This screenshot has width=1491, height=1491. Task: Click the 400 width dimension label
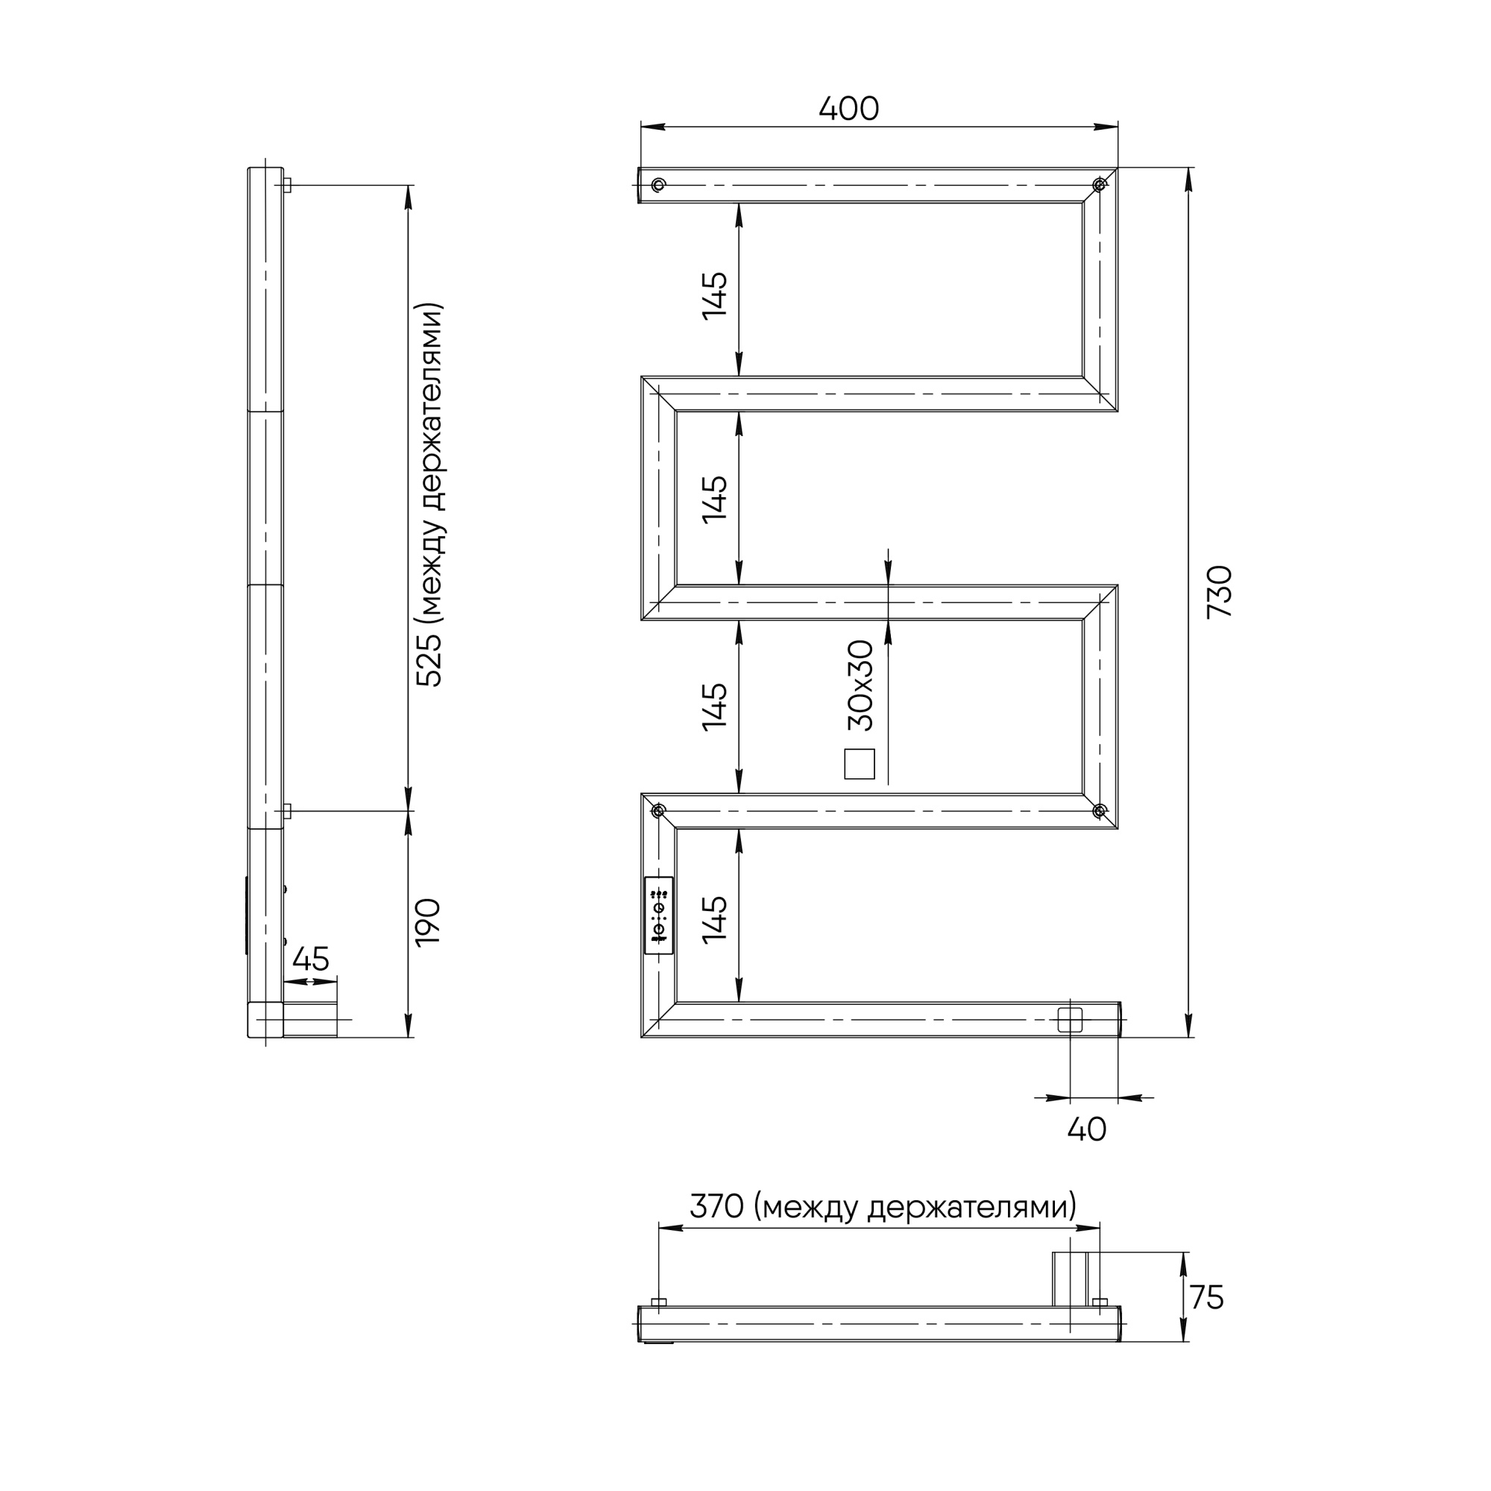click(848, 109)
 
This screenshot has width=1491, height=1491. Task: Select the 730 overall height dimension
click(1220, 591)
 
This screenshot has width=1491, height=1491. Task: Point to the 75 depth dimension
click(1207, 1297)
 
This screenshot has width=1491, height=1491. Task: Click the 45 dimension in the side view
click(311, 959)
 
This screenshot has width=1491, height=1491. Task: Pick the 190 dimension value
click(429, 921)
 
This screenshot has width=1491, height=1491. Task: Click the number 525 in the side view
click(429, 660)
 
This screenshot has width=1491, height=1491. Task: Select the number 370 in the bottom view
click(716, 1205)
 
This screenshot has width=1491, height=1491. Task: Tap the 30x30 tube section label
click(860, 685)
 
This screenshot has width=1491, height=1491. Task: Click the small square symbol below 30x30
click(860, 764)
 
